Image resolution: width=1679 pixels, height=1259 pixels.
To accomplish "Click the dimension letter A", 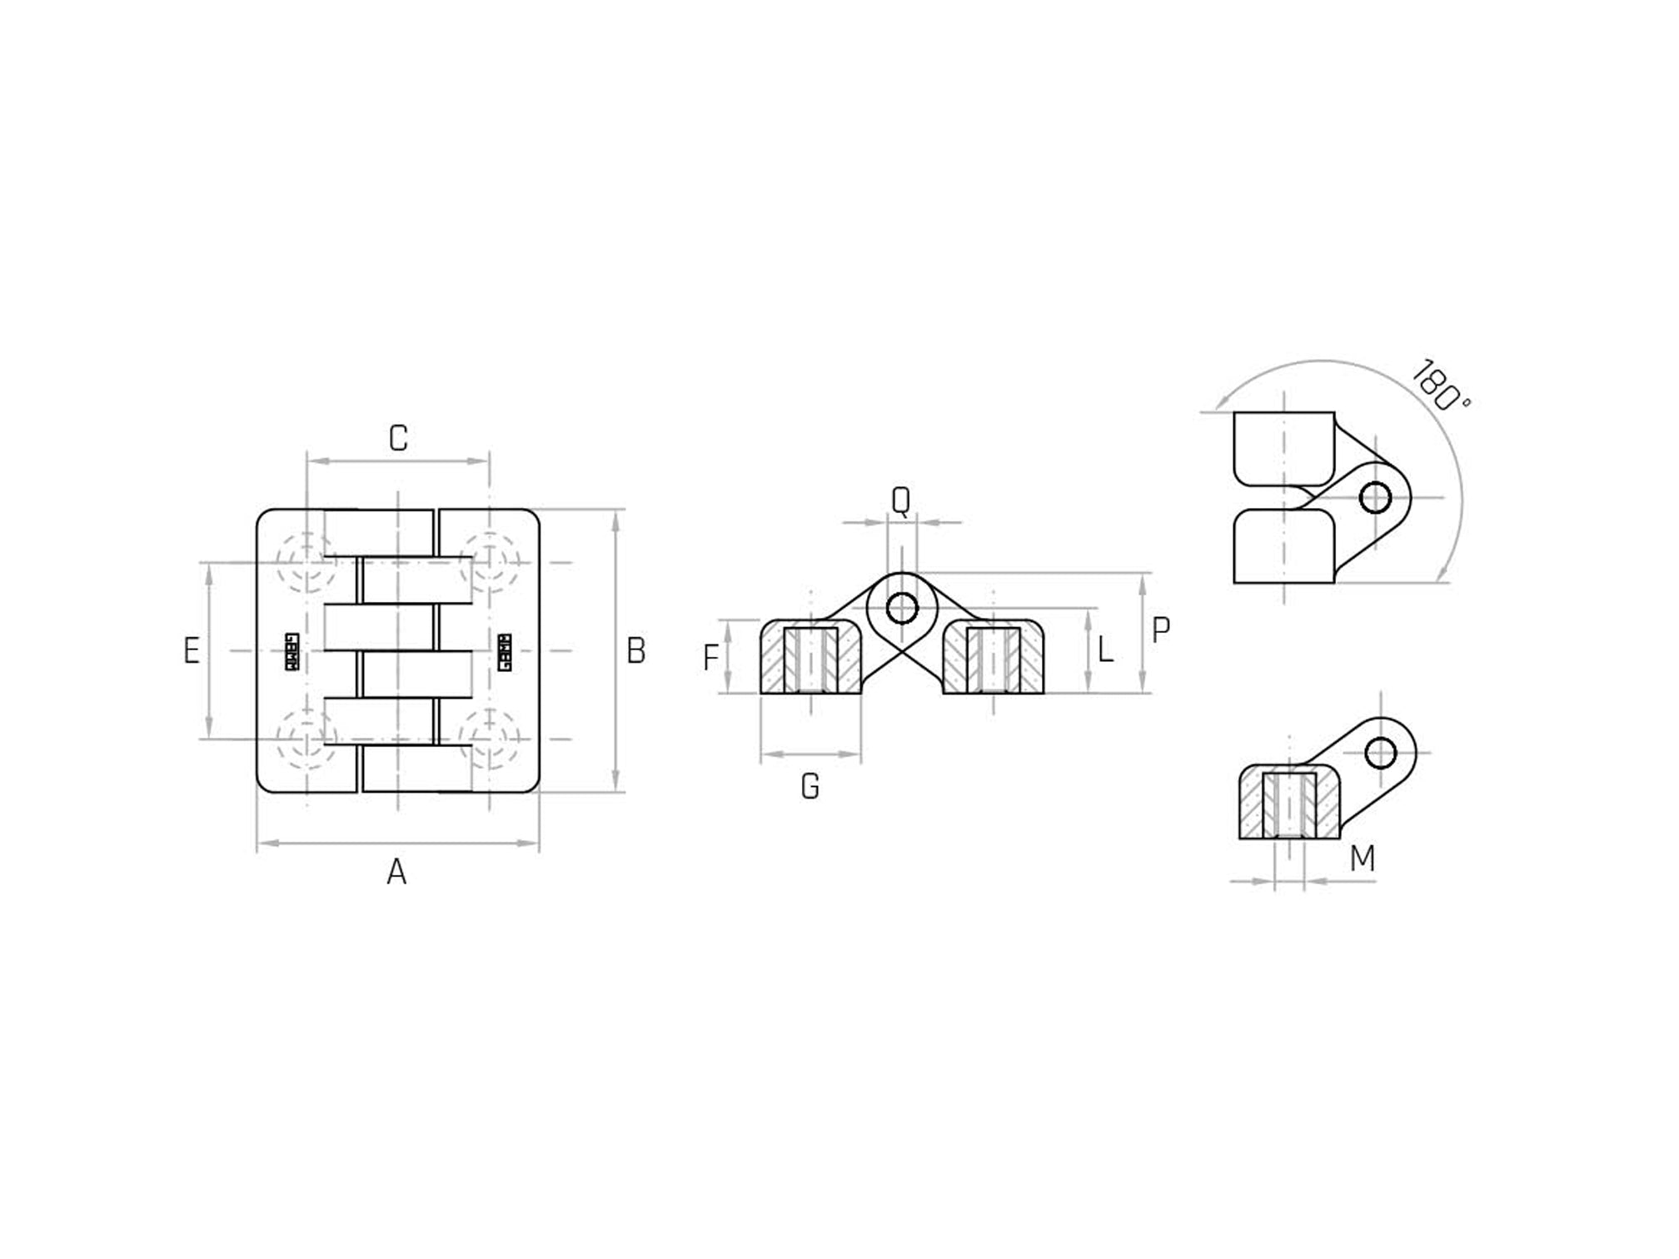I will click(x=396, y=872).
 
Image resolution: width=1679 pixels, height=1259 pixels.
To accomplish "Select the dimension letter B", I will click(x=635, y=650).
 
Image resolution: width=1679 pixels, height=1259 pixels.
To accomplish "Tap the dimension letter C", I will click(x=398, y=438).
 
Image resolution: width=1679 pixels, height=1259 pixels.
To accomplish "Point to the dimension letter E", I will click(x=192, y=650).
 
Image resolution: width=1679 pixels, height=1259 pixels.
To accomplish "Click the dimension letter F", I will click(x=710, y=658).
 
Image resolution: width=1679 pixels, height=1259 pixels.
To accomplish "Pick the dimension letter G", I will click(x=810, y=787).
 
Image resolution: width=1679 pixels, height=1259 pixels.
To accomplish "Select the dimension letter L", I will click(x=1105, y=649).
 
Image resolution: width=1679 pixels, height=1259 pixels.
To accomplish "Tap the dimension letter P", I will click(x=1160, y=630).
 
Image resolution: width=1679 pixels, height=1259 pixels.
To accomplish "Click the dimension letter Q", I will click(x=900, y=500).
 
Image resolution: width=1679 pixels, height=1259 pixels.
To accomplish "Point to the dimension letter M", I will click(x=1363, y=858).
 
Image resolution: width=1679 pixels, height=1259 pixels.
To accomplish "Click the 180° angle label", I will click(x=1440, y=386).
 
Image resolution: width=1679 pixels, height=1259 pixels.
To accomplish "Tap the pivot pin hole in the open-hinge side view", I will click(x=902, y=608).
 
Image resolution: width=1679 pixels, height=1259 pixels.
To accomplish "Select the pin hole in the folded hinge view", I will click(x=1375, y=498).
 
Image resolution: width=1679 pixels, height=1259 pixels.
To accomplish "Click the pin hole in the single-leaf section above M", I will click(x=1381, y=753).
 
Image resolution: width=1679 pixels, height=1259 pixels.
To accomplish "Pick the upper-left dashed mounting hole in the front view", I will click(x=307, y=562).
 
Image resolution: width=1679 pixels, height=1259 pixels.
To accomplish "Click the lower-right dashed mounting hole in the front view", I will click(x=490, y=739).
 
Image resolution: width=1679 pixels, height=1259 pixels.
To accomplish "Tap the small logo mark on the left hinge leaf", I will click(x=291, y=652).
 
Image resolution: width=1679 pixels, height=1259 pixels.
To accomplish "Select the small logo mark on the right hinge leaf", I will click(x=504, y=652).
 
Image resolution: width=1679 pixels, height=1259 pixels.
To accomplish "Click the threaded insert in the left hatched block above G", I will click(x=811, y=660).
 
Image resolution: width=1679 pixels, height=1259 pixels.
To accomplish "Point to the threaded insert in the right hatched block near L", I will click(x=993, y=660).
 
